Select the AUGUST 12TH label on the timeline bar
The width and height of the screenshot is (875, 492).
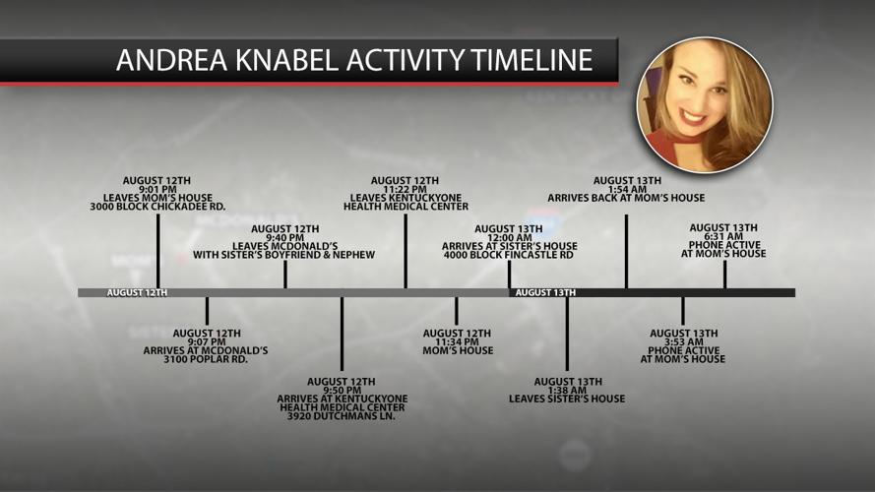137,292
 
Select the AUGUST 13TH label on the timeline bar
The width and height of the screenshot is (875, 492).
544,292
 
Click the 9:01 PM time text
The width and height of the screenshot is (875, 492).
157,189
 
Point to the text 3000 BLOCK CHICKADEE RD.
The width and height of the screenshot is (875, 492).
157,207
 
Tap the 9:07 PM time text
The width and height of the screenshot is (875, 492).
207,341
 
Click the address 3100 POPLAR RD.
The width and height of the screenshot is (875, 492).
207,359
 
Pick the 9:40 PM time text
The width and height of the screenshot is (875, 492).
284,237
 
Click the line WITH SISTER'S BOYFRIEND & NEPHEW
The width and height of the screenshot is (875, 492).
284,255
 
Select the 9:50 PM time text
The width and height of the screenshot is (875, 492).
342,390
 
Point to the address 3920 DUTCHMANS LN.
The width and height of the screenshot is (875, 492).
342,416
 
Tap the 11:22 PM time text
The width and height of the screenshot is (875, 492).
405,189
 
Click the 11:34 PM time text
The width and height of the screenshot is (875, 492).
457,341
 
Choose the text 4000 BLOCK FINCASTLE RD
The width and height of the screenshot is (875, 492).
509,255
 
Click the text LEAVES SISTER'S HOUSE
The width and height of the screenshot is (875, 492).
567,399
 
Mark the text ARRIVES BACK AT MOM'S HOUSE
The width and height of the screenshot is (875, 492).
627,198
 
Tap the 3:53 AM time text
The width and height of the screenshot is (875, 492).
683,341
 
